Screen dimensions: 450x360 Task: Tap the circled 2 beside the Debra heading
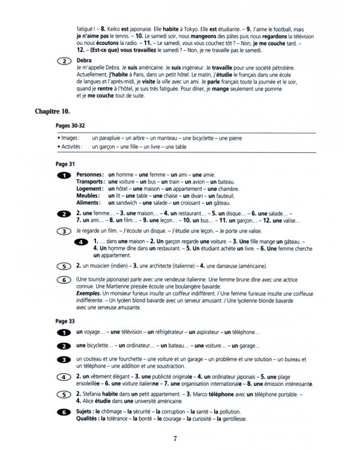point(62,61)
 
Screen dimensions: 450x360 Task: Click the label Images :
point(68,138)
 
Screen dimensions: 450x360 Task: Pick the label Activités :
point(69,146)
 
